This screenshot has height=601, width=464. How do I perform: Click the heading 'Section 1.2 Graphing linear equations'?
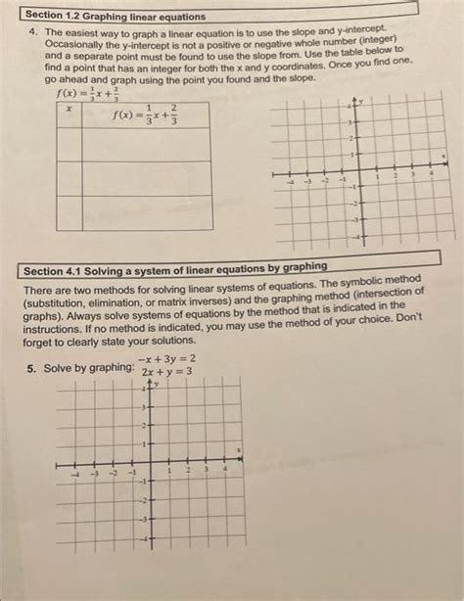click(116, 17)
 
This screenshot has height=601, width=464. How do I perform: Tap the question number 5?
click(31, 368)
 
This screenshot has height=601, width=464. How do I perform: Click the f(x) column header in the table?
click(148, 114)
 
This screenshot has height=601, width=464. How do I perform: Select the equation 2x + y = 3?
click(166, 372)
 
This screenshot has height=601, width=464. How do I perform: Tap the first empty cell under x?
click(69, 144)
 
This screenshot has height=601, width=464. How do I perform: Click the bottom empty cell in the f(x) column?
click(147, 212)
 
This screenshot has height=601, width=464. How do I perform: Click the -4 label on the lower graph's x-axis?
click(79, 473)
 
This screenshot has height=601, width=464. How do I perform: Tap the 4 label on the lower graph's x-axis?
click(224, 471)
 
